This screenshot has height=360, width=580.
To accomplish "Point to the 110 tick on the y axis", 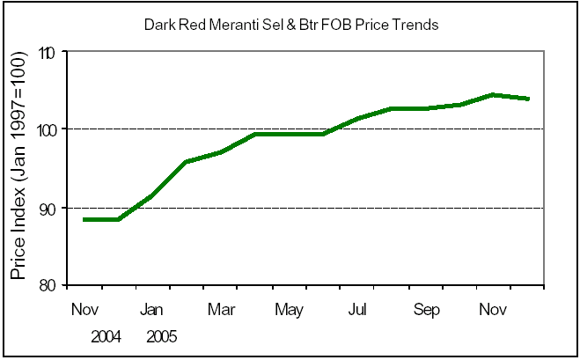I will [x=47, y=53].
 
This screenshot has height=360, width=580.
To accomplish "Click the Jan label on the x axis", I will [x=152, y=310].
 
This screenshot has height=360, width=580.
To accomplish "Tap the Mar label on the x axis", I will [x=220, y=310].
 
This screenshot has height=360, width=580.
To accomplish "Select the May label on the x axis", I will [x=289, y=310].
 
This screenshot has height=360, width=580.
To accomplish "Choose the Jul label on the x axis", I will [x=357, y=310].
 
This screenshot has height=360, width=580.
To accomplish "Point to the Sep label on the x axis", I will [x=426, y=310].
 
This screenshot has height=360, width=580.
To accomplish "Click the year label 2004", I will [x=105, y=336].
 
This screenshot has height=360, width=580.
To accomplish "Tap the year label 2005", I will [x=161, y=336].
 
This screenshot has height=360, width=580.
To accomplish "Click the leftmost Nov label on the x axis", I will [x=84, y=310].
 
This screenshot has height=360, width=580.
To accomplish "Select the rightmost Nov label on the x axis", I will [x=494, y=310].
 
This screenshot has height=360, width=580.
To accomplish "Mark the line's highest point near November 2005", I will [x=493, y=94].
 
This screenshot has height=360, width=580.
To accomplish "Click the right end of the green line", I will [x=527, y=99].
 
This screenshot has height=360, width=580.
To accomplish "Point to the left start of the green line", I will [x=84, y=219].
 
